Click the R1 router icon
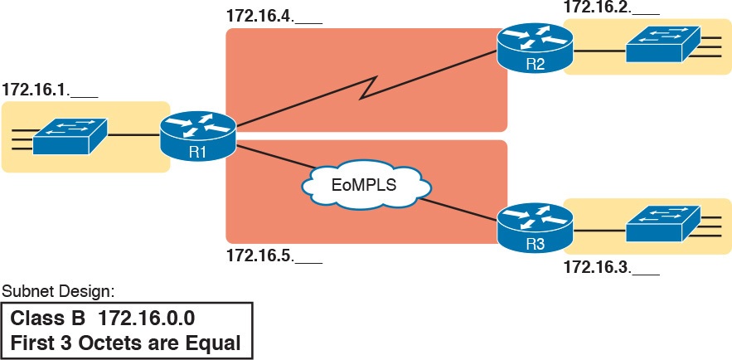click(x=199, y=135)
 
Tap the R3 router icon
click(x=535, y=226)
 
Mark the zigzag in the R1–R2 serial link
click(x=369, y=86)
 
